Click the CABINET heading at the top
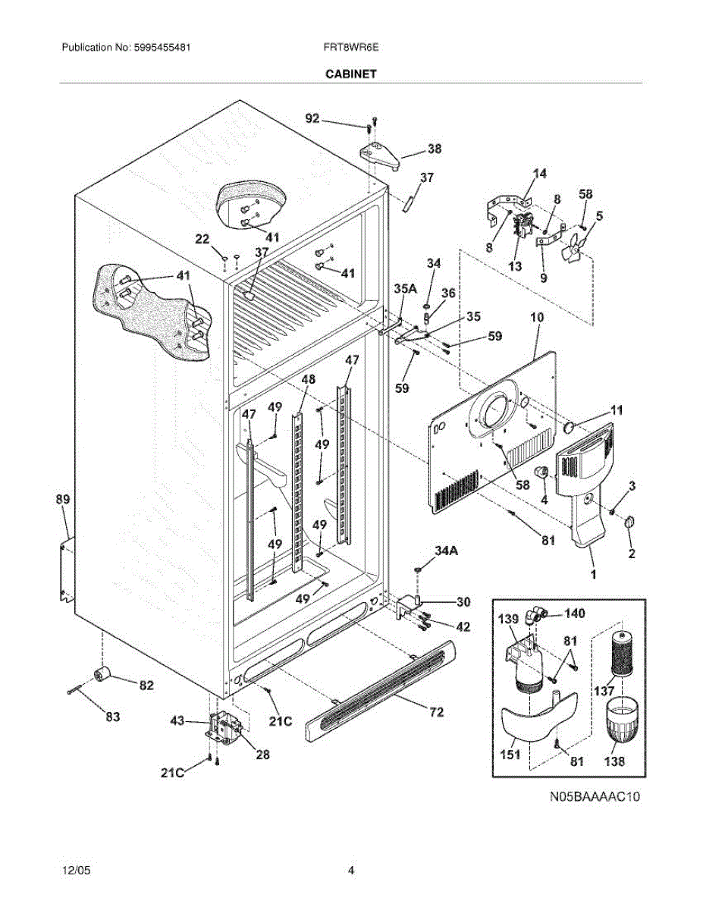coord(351,74)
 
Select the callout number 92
coord(312,118)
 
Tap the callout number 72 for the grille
coord(437,712)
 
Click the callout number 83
coord(112,715)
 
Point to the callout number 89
coord(62,499)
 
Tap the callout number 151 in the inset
coord(510,755)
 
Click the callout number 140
coord(575,613)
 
